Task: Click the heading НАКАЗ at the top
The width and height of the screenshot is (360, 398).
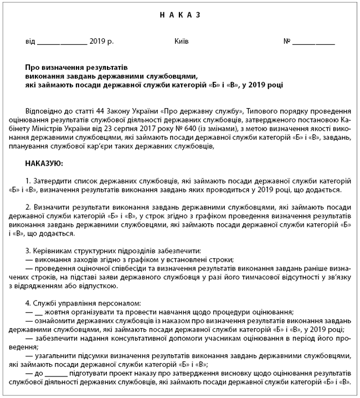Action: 180,16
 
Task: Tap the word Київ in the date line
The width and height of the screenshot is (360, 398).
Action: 181,42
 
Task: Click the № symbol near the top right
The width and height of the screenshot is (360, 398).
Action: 287,42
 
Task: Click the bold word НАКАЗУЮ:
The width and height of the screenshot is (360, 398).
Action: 44,164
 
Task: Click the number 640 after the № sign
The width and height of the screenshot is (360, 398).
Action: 165,130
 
